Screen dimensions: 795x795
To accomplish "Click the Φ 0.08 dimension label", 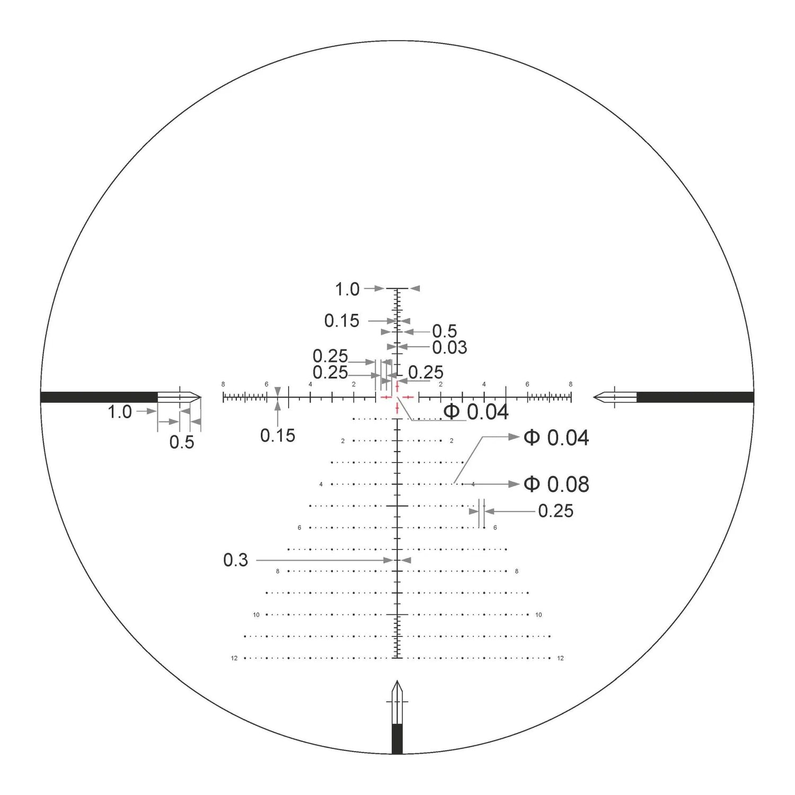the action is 556,484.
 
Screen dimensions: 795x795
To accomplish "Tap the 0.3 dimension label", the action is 235,560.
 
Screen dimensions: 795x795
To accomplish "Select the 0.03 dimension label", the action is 449,348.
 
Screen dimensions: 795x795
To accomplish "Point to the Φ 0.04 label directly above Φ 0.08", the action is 556,438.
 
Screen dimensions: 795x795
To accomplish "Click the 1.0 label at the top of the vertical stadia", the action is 347,289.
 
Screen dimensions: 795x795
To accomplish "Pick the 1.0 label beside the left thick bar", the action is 120,412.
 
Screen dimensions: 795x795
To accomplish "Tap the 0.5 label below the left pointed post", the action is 182,442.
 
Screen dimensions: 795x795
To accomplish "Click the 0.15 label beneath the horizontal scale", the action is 278,436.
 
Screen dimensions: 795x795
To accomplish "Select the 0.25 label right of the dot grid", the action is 555,511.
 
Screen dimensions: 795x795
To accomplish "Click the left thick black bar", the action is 99,397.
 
